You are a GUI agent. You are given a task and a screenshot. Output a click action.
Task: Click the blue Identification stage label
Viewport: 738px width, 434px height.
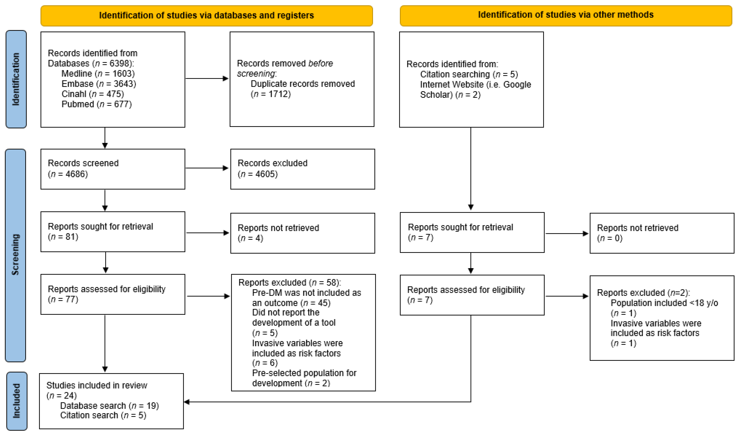[x=16, y=79]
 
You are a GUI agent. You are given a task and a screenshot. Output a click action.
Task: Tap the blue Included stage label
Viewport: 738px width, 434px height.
[x=16, y=401]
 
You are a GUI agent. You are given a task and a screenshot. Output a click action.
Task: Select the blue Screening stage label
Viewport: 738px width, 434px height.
[x=15, y=255]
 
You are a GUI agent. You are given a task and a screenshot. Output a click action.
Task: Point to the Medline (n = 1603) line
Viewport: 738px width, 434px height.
[x=98, y=74]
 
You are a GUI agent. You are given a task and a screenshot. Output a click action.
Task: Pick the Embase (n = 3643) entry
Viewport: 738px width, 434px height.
[x=99, y=84]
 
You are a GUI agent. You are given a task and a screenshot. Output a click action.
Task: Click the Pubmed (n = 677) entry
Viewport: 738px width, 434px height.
[x=96, y=104]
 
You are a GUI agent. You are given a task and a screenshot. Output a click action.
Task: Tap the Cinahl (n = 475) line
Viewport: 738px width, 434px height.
[x=93, y=94]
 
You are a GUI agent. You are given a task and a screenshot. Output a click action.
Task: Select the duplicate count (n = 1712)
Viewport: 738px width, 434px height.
[x=271, y=94]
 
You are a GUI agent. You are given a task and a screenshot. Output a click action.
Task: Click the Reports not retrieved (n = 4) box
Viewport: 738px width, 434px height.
[x=302, y=233]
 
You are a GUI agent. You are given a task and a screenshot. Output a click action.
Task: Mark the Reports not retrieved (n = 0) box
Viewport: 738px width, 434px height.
[x=662, y=233]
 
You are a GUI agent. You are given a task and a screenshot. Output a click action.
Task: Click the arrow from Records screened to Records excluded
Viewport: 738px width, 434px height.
[x=207, y=168]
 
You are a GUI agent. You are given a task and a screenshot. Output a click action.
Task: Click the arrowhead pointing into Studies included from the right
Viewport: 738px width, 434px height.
[x=187, y=402]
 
